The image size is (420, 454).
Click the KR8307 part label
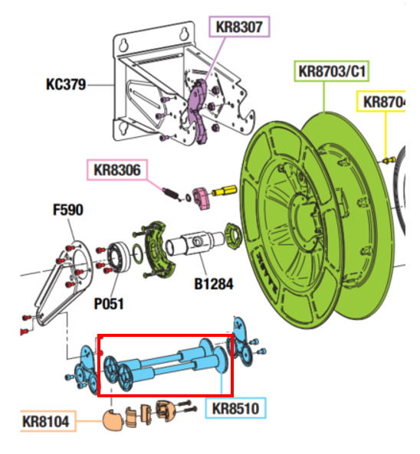(x=239, y=27)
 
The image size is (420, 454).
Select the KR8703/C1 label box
(x=332, y=71)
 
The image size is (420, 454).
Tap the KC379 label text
(x=66, y=84)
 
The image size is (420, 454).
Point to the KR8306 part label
(x=117, y=170)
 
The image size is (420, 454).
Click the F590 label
(x=68, y=210)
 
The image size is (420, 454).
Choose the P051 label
(x=109, y=304)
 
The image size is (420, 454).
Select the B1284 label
(x=214, y=284)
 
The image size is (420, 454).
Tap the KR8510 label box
(x=235, y=408)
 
